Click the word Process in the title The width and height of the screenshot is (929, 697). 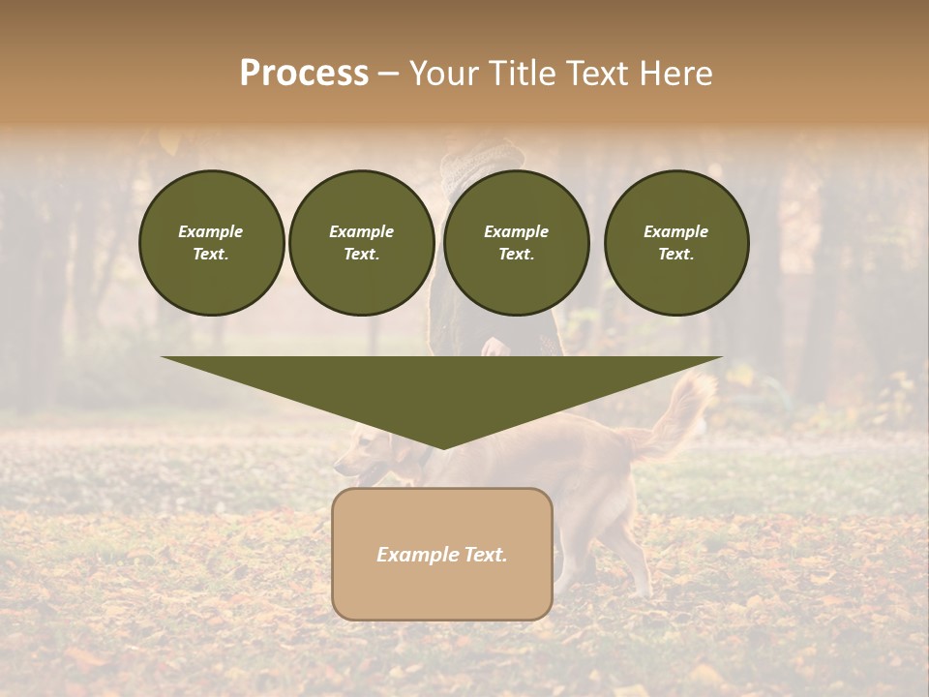coord(304,74)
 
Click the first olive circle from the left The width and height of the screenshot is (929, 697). coord(211,243)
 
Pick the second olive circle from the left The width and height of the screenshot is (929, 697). coord(361,243)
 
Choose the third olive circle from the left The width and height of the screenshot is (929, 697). coord(516,243)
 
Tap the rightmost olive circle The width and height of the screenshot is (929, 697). coord(675,243)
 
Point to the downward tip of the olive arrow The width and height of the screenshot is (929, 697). coord(442,447)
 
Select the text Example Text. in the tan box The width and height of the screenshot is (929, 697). coord(442,555)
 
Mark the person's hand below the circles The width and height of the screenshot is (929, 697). coord(494,347)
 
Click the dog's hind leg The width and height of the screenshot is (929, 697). coord(629,561)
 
